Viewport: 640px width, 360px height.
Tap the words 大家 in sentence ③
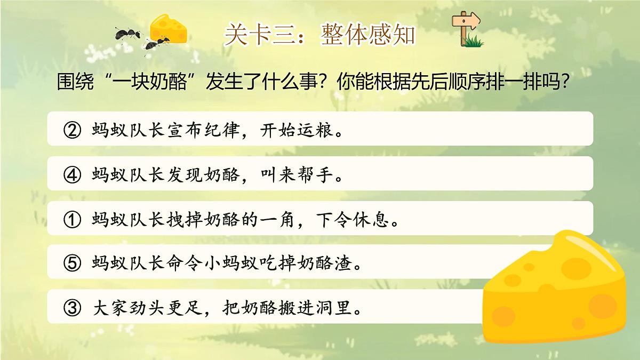[x=107, y=308]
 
